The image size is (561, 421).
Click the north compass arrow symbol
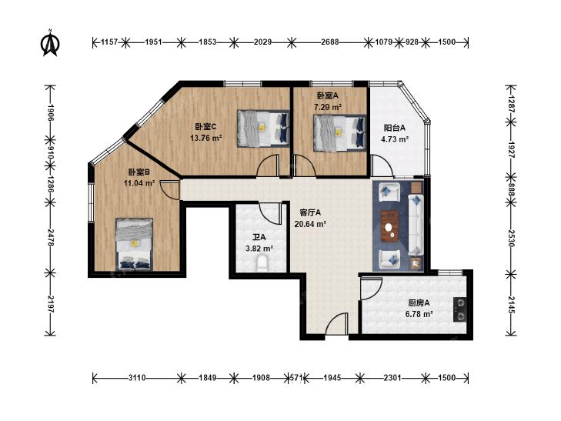[50, 43]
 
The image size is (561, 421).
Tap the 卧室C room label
[205, 127]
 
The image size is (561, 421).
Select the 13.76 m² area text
[206, 138]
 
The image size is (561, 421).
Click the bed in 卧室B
[134, 244]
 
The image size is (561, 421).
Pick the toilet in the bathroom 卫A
[262, 262]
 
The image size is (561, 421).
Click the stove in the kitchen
[460, 309]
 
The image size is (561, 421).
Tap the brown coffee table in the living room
[390, 226]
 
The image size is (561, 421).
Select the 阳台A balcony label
[395, 128]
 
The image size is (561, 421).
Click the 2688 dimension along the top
[329, 42]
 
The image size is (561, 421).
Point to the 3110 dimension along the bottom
[137, 378]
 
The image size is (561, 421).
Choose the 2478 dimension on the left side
[51, 238]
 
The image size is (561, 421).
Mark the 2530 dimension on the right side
[510, 239]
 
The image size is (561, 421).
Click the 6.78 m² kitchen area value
[419, 315]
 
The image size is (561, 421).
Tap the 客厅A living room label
[310, 213]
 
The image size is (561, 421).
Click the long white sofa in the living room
[416, 225]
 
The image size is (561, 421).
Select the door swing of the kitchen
[370, 289]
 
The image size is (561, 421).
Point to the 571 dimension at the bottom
[296, 378]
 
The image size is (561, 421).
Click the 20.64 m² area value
[310, 224]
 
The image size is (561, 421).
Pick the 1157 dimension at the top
[109, 42]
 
